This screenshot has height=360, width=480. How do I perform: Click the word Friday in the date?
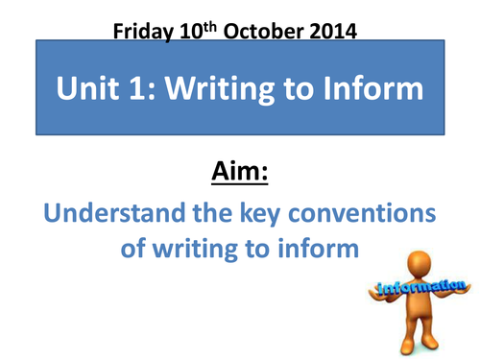(x=141, y=30)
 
